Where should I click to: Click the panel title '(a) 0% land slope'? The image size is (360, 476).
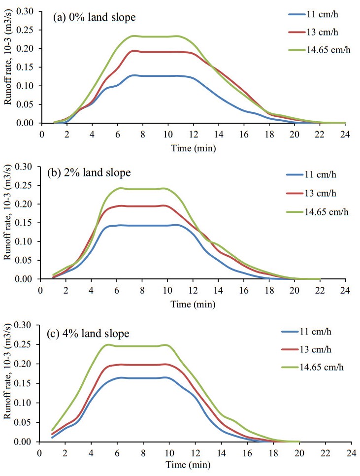click(94, 18)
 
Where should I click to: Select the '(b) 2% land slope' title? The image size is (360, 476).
click(89, 173)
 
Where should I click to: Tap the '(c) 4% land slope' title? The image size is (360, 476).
click(89, 334)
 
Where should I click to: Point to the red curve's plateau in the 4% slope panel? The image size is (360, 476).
click(143, 365)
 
